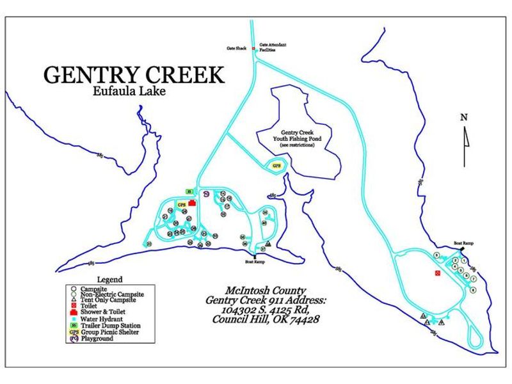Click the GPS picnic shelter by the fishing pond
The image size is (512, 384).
(x=276, y=165)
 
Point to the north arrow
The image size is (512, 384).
(x=465, y=137)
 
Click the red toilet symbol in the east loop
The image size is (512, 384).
(x=437, y=273)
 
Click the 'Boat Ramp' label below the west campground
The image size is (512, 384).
(x=255, y=262)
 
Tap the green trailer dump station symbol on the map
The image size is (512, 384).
(x=189, y=191)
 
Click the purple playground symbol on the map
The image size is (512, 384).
(x=206, y=193)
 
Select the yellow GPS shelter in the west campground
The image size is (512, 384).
(x=181, y=205)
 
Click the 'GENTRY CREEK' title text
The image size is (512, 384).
(x=134, y=75)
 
